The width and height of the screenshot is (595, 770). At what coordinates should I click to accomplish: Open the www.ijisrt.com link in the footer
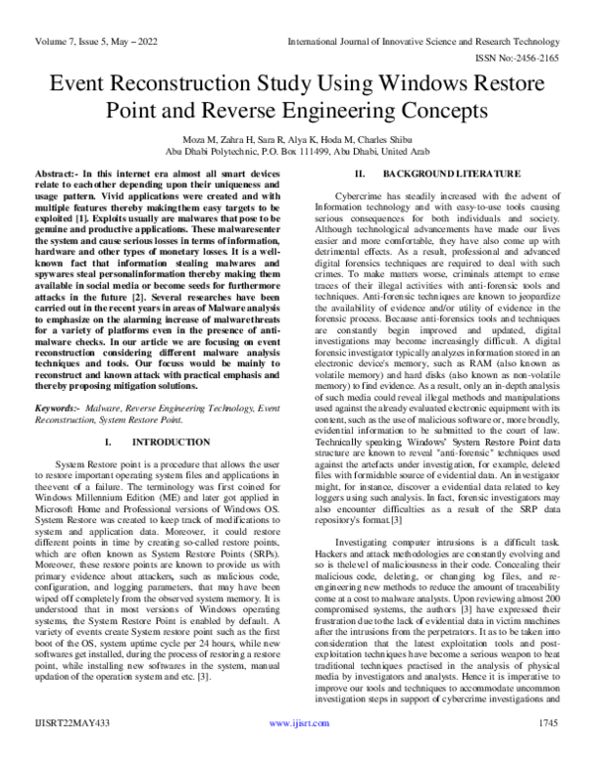click(x=297, y=753)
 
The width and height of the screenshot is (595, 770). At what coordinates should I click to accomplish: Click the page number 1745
click(x=546, y=753)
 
